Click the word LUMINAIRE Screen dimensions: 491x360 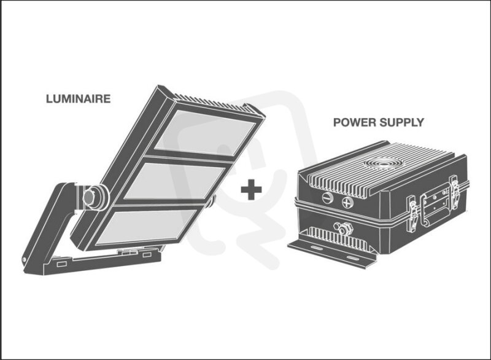point(79,99)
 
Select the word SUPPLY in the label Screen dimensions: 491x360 point(401,122)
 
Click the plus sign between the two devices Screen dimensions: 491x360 point(251,189)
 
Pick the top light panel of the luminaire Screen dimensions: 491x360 point(206,132)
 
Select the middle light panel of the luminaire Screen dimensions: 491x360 point(175,181)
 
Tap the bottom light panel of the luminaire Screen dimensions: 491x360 point(146,227)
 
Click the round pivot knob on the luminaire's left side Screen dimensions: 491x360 point(89,197)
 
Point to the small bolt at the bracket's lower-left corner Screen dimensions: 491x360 point(24,259)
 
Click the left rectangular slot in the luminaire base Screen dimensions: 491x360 point(61,264)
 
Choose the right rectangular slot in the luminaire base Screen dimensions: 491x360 point(147,255)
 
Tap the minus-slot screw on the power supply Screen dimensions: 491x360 point(327,198)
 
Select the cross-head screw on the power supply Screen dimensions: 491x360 point(347,203)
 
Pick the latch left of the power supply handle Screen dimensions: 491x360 point(411,214)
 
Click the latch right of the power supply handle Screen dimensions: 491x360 point(455,192)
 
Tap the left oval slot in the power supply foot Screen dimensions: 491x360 point(315,248)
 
